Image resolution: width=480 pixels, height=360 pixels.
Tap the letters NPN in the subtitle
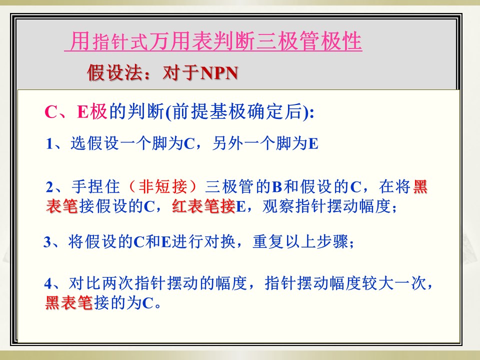click(219, 73)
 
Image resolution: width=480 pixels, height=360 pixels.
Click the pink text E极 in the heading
click(91, 111)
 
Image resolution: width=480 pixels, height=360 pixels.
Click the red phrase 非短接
click(162, 186)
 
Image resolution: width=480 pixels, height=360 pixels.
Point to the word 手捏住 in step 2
click(95, 186)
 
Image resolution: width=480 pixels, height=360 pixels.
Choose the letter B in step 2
click(277, 186)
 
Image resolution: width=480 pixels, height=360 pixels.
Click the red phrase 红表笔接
click(203, 206)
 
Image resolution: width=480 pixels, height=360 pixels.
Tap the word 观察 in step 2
click(278, 206)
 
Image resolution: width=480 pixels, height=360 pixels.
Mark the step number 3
click(47, 242)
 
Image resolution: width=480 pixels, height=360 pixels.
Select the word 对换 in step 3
click(219, 241)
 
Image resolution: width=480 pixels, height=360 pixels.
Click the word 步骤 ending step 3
click(332, 241)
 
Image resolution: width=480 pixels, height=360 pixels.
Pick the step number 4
click(48, 283)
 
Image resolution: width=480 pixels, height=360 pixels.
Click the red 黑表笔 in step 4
click(69, 303)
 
